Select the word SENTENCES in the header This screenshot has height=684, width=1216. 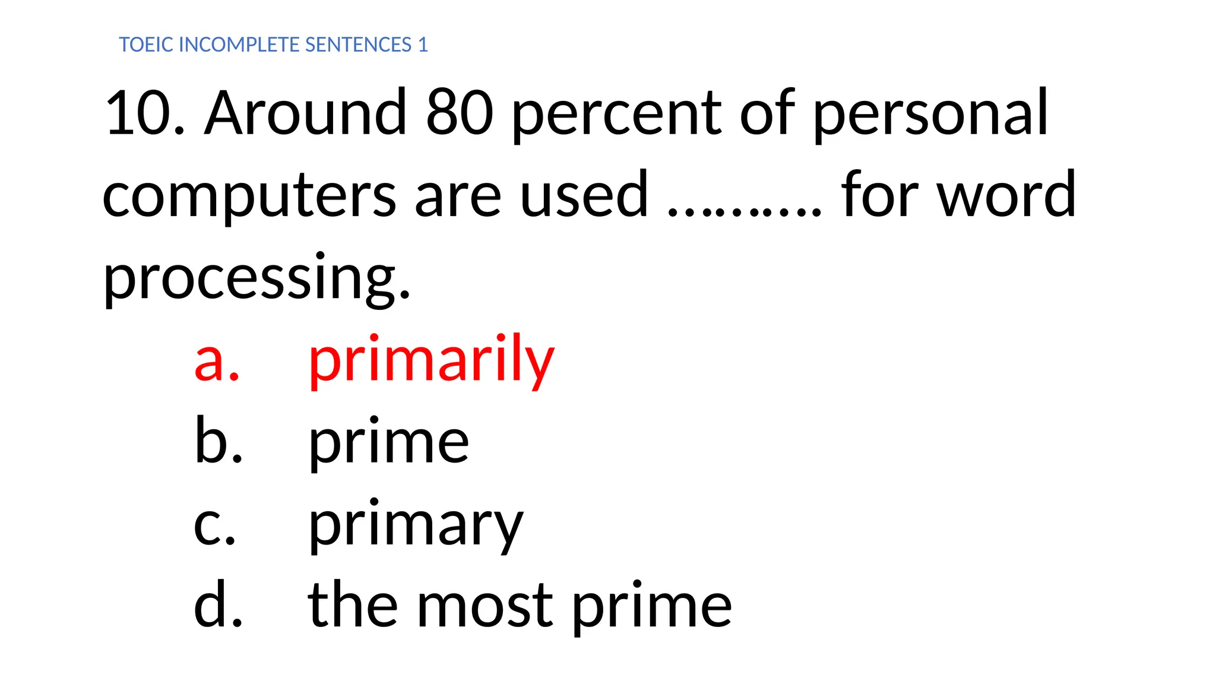(358, 45)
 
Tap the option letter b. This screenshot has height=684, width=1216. (218, 441)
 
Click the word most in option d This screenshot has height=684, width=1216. (485, 606)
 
